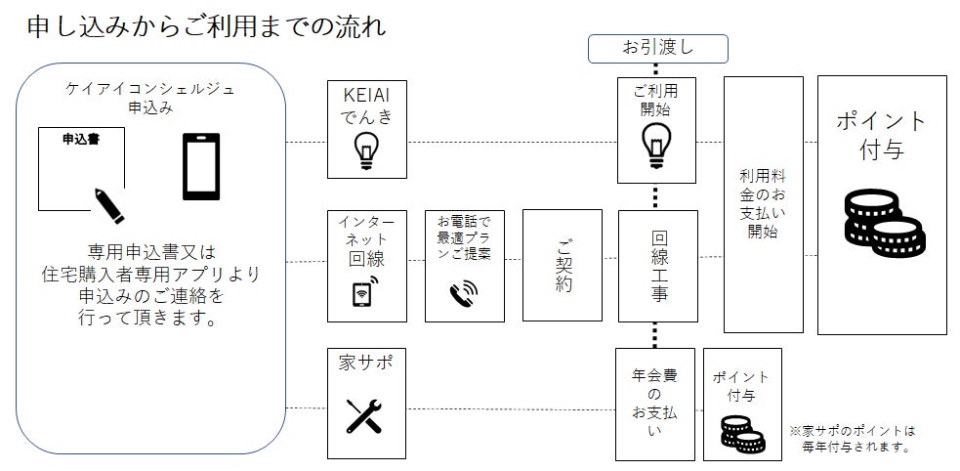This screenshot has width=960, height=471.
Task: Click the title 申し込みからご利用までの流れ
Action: [x=207, y=26]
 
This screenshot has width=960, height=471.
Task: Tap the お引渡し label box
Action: [x=657, y=47]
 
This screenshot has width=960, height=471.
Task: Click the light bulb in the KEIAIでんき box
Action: [x=367, y=150]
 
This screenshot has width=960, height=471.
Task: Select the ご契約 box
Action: [x=562, y=265]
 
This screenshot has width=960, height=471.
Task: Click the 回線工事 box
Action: [x=658, y=266]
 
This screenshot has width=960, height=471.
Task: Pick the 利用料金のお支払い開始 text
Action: [x=763, y=205]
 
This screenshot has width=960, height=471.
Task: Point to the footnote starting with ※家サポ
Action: [x=855, y=438]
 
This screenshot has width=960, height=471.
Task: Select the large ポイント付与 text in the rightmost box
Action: [x=881, y=135]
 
